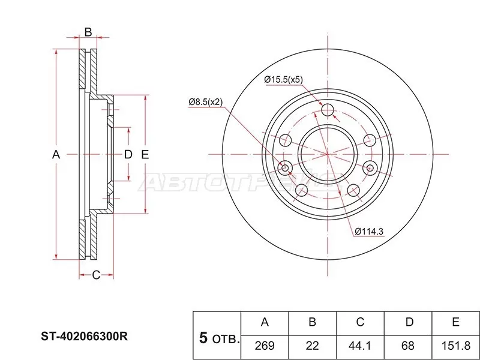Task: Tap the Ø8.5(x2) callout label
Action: (x=205, y=103)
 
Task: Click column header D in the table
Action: (x=408, y=323)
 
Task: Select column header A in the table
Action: (x=264, y=323)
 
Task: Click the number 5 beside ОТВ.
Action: (x=203, y=338)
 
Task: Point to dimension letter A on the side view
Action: (x=56, y=154)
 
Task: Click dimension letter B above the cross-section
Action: (x=88, y=32)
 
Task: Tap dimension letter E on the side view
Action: (x=145, y=154)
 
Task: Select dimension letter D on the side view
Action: (x=128, y=154)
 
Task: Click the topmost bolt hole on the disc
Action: (x=328, y=110)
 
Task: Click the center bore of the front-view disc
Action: (x=328, y=154)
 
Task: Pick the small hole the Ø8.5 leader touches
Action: (x=285, y=167)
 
